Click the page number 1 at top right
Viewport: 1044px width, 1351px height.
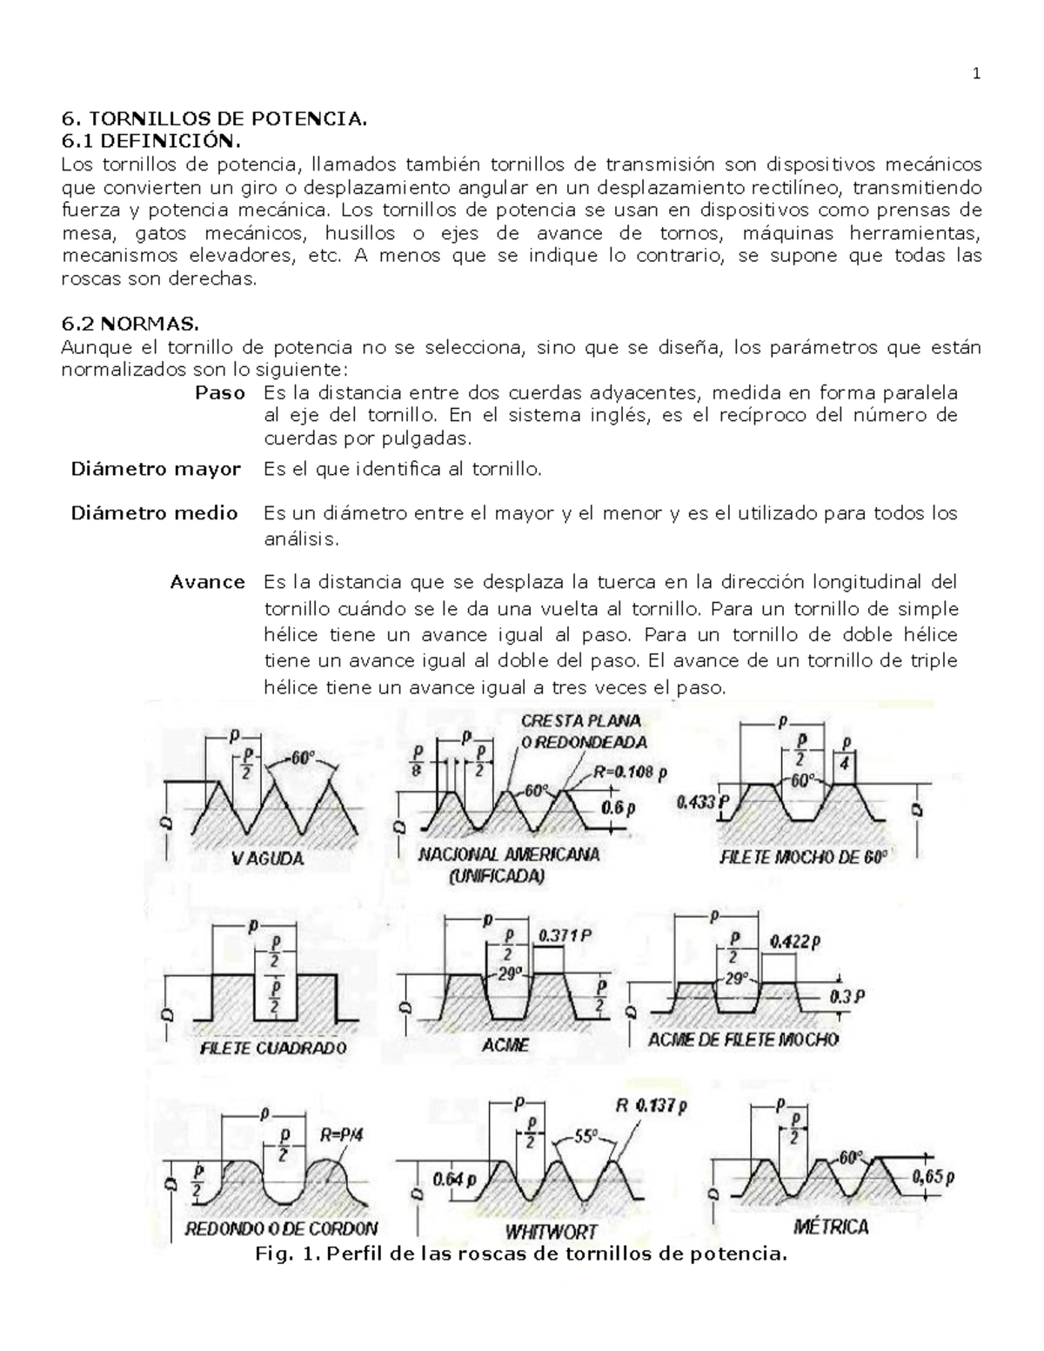(976, 74)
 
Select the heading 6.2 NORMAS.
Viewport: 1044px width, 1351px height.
(130, 324)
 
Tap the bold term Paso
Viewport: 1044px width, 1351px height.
(219, 392)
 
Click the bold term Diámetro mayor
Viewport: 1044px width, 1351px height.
(156, 469)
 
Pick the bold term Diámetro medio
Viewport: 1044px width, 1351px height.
(154, 512)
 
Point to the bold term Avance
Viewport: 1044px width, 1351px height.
(207, 582)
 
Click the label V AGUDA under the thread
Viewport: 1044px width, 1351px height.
(267, 859)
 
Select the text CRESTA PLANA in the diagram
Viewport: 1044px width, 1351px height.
(581, 720)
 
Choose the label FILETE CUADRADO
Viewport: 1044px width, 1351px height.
(272, 1048)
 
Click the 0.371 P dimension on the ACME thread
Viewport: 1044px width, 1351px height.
(565, 937)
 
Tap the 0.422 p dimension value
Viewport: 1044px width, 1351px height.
(795, 940)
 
